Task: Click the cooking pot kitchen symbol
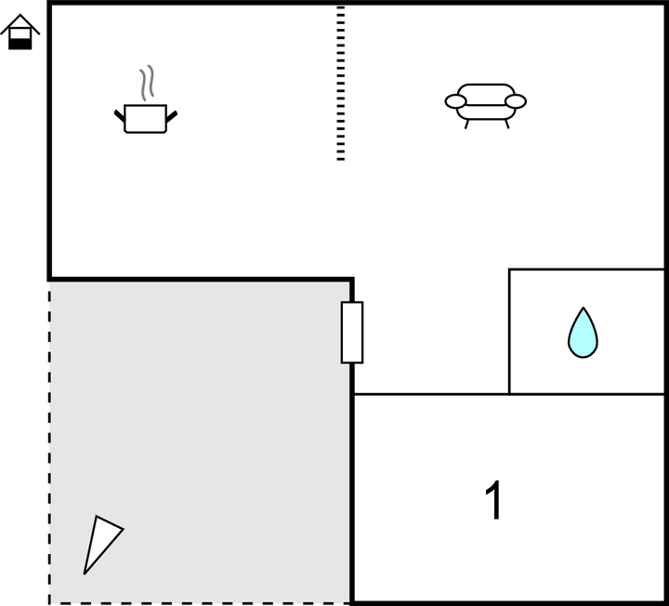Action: pyautogui.click(x=146, y=118)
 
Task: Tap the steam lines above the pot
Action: pyautogui.click(x=147, y=84)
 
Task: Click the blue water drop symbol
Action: pyautogui.click(x=583, y=333)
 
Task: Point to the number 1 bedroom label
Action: pyautogui.click(x=493, y=500)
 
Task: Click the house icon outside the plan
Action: pyautogui.click(x=20, y=32)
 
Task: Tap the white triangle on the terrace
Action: pyautogui.click(x=101, y=544)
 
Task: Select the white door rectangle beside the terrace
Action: pyautogui.click(x=352, y=333)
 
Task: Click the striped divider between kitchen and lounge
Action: pyautogui.click(x=340, y=84)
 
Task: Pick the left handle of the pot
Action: pyautogui.click(x=120, y=115)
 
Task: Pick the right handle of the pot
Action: pyautogui.click(x=172, y=116)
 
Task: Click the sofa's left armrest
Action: pyautogui.click(x=455, y=101)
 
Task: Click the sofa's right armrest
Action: pyautogui.click(x=516, y=101)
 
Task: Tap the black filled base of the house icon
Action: pyautogui.click(x=20, y=44)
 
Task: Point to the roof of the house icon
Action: pyautogui.click(x=20, y=23)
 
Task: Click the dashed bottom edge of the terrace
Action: pyautogui.click(x=200, y=603)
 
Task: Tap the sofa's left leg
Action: pyautogui.click(x=466, y=125)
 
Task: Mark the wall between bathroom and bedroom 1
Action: pyautogui.click(x=587, y=394)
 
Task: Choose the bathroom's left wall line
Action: pyautogui.click(x=509, y=332)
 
